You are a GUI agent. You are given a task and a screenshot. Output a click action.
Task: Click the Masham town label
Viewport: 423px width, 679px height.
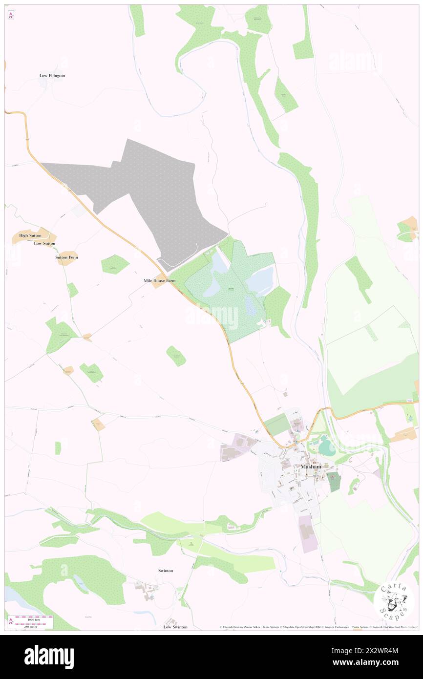click(311, 467)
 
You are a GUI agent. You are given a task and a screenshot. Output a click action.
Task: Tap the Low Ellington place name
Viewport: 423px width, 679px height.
click(52, 76)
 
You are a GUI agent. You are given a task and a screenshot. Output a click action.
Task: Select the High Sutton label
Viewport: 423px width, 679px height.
click(30, 235)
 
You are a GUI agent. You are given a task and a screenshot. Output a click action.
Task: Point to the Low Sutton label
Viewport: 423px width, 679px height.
click(44, 243)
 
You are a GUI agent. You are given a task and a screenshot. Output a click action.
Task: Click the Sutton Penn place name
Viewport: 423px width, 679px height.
click(67, 257)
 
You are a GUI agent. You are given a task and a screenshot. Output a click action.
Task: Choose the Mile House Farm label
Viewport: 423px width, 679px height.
click(159, 281)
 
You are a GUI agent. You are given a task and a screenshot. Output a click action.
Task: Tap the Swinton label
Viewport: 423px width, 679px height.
click(166, 571)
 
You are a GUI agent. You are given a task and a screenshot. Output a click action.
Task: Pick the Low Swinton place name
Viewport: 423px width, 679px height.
click(175, 627)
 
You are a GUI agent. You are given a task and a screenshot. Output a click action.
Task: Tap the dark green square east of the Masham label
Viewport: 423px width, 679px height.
click(334, 481)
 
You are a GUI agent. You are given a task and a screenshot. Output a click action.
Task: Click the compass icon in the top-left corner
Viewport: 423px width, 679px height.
click(11, 16)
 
